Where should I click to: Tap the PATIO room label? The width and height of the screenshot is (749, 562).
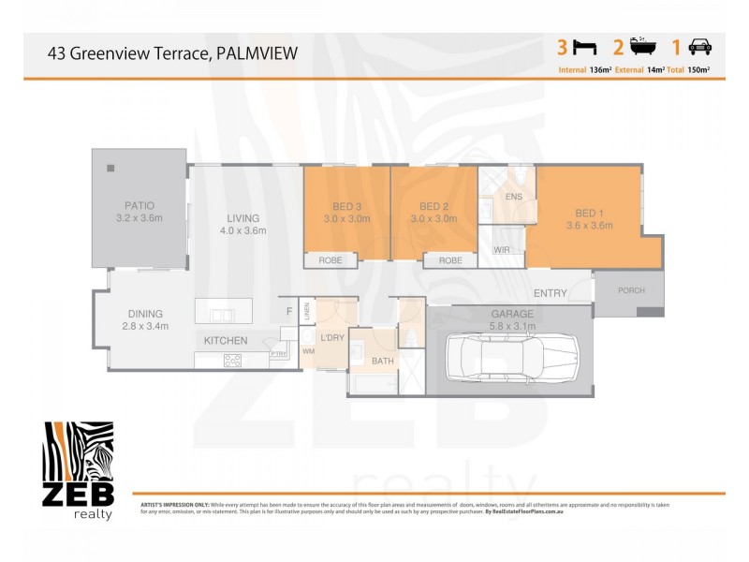tap(139, 205)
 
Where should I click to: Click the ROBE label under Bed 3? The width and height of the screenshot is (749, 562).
tap(330, 260)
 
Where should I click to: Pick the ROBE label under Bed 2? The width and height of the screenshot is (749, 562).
tap(450, 260)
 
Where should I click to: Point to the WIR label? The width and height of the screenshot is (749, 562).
tap(501, 251)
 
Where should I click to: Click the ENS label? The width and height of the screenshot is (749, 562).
tap(513, 198)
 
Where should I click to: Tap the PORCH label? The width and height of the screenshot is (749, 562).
tap(631, 290)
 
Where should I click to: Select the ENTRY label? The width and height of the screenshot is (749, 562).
tap(551, 293)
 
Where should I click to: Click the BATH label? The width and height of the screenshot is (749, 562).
tap(382, 361)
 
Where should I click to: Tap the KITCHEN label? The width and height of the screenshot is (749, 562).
tap(226, 340)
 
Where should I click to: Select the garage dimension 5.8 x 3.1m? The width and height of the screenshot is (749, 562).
tap(512, 326)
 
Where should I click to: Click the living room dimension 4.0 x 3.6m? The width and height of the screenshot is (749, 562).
tap(242, 230)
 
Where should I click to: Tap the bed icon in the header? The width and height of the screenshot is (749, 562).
tap(585, 46)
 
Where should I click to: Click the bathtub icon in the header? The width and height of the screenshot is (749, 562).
tap(641, 46)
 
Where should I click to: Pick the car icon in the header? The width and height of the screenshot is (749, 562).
tap(698, 46)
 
